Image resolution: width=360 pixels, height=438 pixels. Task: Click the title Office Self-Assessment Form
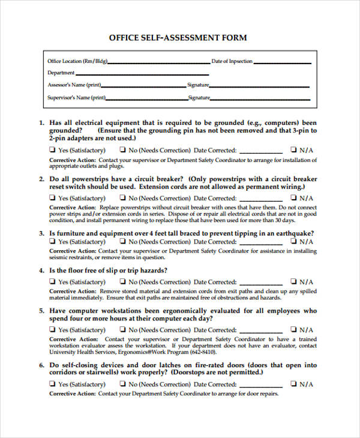pos(178,37)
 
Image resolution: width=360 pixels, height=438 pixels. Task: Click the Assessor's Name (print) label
pos(74,85)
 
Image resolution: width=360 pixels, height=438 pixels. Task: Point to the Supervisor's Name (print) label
pos(76,97)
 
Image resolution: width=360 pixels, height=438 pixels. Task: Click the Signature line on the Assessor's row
pos(260,86)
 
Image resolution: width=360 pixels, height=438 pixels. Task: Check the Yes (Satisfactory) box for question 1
pos(52,150)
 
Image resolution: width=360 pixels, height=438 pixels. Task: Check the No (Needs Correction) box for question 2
pos(122,198)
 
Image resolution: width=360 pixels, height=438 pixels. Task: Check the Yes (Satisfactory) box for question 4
pos(52,281)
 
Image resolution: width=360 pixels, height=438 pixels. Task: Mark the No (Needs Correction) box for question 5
pos(122,329)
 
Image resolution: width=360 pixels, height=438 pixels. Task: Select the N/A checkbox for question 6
pos(293,384)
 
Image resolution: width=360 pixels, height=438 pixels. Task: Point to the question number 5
pos(41,311)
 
